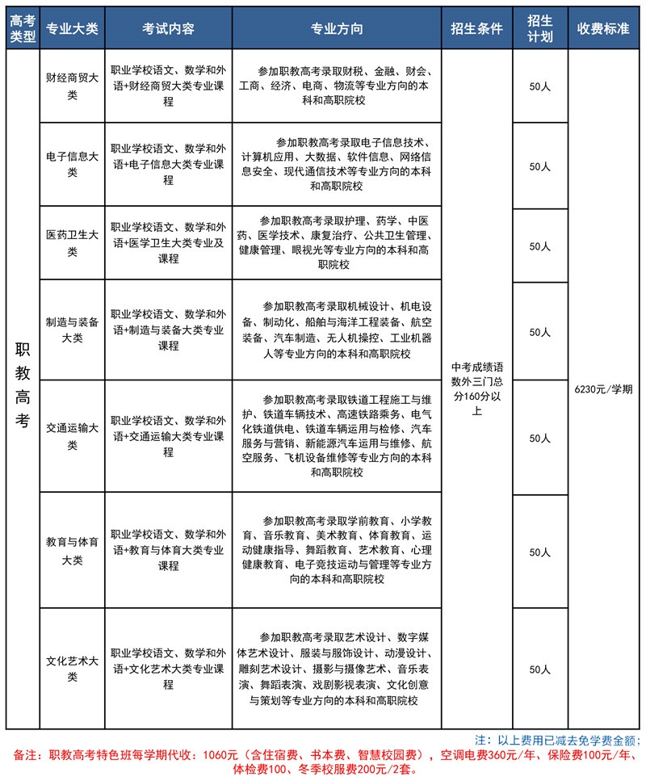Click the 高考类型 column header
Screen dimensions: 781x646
[x=22, y=29]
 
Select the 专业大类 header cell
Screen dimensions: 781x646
[x=72, y=29]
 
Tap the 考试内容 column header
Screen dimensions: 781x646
[x=168, y=29]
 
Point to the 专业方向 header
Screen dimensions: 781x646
[x=337, y=29]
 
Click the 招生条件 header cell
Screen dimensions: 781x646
[x=476, y=29]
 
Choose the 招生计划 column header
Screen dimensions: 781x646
[x=539, y=29]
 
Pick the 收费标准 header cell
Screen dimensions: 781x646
[x=603, y=29]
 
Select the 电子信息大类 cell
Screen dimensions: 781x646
[x=72, y=165]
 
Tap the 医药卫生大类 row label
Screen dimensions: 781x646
[x=72, y=243]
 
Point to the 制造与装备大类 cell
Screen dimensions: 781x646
[x=72, y=330]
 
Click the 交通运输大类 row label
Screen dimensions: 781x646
[x=72, y=436]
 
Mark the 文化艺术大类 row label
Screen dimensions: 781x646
[x=72, y=669]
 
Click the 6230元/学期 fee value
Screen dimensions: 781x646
[x=603, y=388]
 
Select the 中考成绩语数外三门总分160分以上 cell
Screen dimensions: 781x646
[x=476, y=388]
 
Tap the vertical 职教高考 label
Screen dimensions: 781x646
[x=22, y=388]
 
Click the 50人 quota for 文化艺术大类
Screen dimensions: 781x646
[x=539, y=669]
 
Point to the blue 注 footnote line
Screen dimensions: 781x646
[x=558, y=740]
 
